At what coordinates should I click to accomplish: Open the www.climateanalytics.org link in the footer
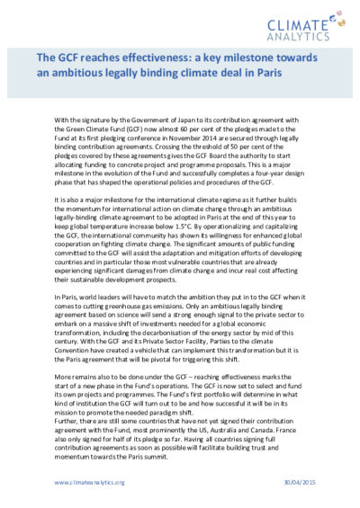89,483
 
